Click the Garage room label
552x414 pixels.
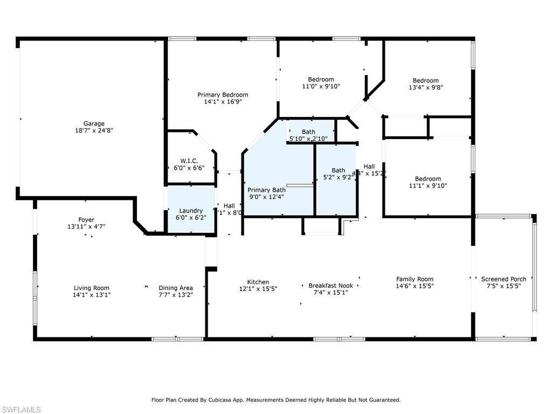pos(94,123)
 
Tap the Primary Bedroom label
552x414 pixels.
pos(223,95)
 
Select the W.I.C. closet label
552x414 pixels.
pos(189,161)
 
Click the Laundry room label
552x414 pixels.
pos(191,211)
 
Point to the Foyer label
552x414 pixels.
pos(86,220)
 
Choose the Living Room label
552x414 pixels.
pos(92,288)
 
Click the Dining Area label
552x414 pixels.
pos(176,288)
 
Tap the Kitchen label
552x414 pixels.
pos(258,282)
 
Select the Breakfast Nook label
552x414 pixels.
pos(330,286)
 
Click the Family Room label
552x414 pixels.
pos(415,279)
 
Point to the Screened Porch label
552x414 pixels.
pos(503,279)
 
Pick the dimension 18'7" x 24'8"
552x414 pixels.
pos(94,130)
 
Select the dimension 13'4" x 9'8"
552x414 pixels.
pos(426,87)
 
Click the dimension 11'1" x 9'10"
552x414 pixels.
pos(427,186)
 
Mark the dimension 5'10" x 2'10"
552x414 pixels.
pos(308,139)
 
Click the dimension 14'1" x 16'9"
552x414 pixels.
pos(223,101)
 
